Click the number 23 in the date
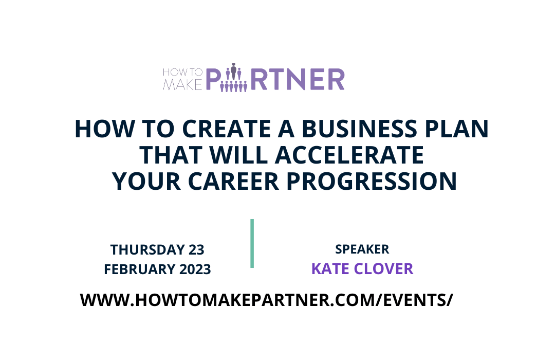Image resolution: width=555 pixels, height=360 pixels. coord(196,250)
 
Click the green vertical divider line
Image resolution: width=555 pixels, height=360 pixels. coord(252,243)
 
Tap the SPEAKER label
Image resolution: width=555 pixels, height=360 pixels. coord(362,249)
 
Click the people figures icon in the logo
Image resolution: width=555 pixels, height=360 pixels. coord(234,79)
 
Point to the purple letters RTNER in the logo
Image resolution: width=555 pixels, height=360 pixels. coord(298,80)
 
